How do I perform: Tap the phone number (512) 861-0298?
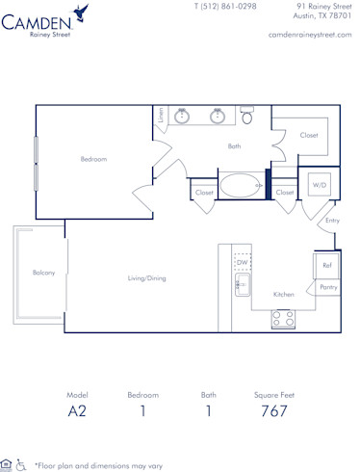click(224, 6)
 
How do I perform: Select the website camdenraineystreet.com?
click(308, 34)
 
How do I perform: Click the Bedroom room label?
click(93, 159)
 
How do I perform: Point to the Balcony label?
click(42, 273)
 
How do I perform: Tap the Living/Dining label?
click(147, 278)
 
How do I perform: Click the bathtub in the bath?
click(240, 185)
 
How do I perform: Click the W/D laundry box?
click(319, 185)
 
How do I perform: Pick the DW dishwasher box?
click(243, 262)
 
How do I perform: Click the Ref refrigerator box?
click(327, 265)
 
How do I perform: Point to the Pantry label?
click(328, 287)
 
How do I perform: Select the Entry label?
click(332, 221)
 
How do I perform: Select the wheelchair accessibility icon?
click(22, 464)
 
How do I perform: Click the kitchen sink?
click(243, 285)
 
